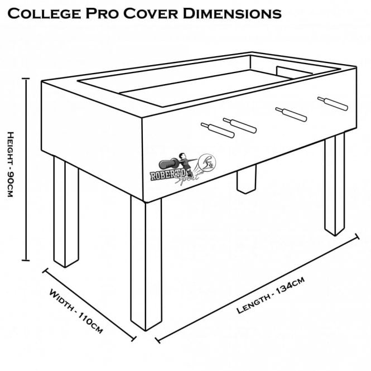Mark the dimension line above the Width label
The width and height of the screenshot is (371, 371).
tap(90, 304)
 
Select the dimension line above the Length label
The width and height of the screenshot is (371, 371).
tap(257, 288)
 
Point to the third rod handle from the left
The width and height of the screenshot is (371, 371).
tap(291, 114)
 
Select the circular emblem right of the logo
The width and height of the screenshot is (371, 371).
tap(208, 162)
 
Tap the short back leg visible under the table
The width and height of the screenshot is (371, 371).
tap(244, 180)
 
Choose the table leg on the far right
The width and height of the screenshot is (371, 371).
tap(334, 184)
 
